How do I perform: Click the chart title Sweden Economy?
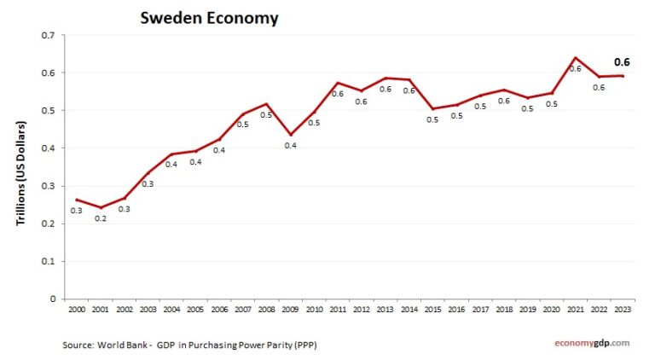pos(209,18)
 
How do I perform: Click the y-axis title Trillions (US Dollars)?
pos(21,174)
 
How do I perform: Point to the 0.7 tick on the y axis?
pos(48,35)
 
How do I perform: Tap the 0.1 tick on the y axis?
pos(48,261)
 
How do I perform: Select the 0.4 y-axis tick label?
pos(48,148)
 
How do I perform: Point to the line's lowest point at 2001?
pos(101,207)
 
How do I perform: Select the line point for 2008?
pos(268,104)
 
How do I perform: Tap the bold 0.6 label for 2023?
pos(622,61)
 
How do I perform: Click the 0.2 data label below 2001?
pos(101,218)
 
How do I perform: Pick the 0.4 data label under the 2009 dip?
pos(290,146)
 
